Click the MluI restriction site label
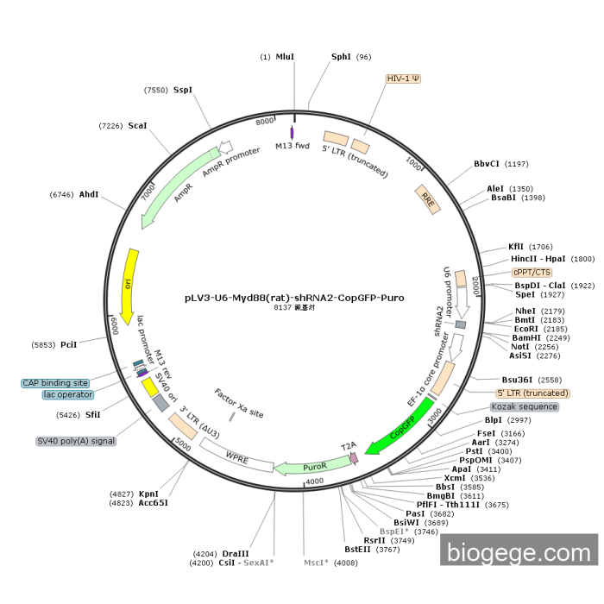tap(285, 57)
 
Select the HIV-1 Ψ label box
tap(403, 79)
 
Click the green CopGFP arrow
tap(398, 432)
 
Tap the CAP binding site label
tap(55, 382)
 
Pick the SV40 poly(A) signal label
tap(76, 440)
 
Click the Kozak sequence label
tap(524, 406)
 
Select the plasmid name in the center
tap(294, 298)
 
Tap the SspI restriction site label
tap(183, 90)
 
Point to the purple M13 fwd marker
tap(292, 132)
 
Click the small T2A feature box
tap(352, 458)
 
